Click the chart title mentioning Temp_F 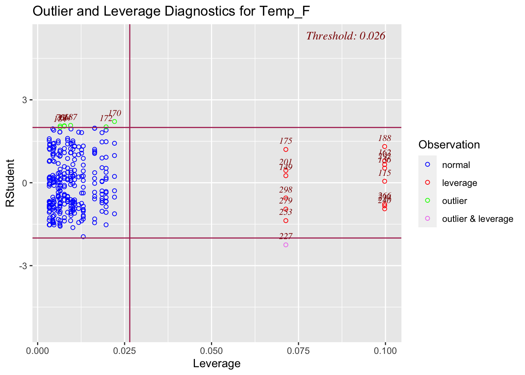pos(171,11)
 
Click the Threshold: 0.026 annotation pos(346,36)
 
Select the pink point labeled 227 pos(286,245)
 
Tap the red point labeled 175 pos(286,150)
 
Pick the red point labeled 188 pos(385,146)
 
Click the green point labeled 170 pos(114,121)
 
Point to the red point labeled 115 pos(385,181)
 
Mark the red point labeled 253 pos(286,221)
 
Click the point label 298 pos(286,190)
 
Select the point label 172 pos(106,118)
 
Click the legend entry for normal pos(456,165)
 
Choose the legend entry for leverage pos(459,183)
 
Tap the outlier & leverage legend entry pos(477,219)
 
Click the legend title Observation pos(449,145)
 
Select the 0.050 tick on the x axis pos(211,350)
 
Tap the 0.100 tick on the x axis pos(385,350)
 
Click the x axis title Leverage pos(217,364)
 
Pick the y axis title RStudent pos(10,183)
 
